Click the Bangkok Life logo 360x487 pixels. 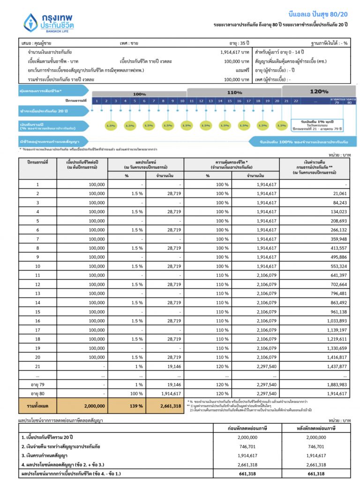tap(49, 22)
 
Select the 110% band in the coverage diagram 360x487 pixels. tap(234, 92)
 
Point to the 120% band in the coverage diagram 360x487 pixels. tap(319, 91)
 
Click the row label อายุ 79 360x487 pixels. tap(37, 385)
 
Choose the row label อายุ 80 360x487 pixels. tap(37, 394)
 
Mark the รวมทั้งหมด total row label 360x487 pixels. tap(37, 406)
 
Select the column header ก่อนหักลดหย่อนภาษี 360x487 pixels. tap(247, 428)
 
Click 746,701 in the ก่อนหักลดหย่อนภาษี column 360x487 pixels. tap(247, 446)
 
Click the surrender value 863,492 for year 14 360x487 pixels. tap(336, 303)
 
